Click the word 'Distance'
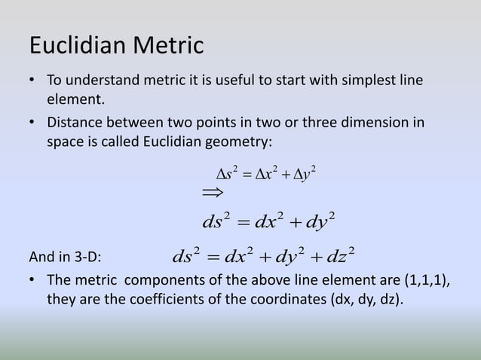coord(76,123)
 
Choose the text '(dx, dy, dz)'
coord(366,301)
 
